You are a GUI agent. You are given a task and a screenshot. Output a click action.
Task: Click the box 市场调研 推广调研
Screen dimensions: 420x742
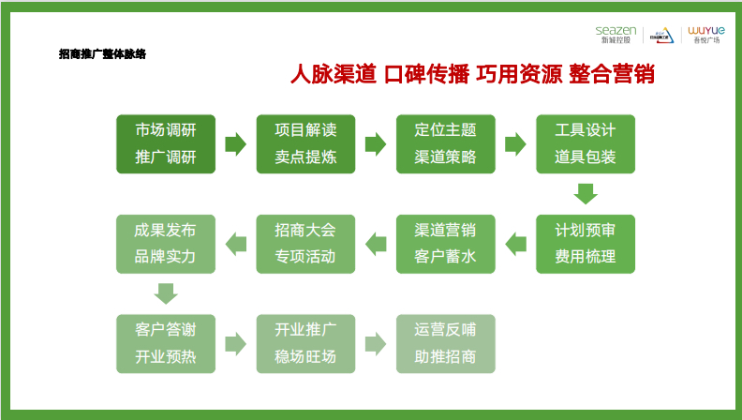[166, 143]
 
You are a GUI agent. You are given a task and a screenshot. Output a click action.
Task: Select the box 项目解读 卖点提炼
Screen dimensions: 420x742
[305, 143]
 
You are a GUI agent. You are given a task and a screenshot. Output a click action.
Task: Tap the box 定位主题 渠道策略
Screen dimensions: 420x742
[445, 143]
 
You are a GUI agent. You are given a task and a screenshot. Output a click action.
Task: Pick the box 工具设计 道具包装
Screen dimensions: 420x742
[586, 143]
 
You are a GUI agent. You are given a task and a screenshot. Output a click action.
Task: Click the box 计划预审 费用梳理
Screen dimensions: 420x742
[586, 244]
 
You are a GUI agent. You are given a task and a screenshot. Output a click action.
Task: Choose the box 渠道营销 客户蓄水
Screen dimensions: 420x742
[445, 244]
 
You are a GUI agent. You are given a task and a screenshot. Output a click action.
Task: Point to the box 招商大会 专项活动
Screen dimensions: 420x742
[305, 244]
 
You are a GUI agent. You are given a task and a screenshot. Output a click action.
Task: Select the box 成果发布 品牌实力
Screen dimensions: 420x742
[166, 244]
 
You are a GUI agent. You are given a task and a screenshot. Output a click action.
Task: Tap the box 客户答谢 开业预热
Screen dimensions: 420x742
[166, 344]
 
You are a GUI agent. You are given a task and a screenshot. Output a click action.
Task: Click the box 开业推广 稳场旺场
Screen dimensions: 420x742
[305, 344]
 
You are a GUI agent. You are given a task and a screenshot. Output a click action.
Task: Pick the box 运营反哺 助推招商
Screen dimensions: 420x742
[445, 344]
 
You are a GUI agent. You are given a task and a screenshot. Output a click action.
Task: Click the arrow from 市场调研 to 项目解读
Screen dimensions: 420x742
[235, 143]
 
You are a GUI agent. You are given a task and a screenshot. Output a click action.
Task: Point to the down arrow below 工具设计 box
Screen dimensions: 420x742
[586, 193]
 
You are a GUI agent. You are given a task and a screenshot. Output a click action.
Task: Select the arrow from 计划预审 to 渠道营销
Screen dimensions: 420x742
[515, 244]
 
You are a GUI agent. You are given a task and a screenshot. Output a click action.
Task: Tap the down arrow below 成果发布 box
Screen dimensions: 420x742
[166, 293]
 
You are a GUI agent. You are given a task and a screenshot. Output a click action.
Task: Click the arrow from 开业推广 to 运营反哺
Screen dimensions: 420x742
[376, 344]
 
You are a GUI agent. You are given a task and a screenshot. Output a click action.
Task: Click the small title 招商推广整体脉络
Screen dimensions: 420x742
[102, 54]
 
